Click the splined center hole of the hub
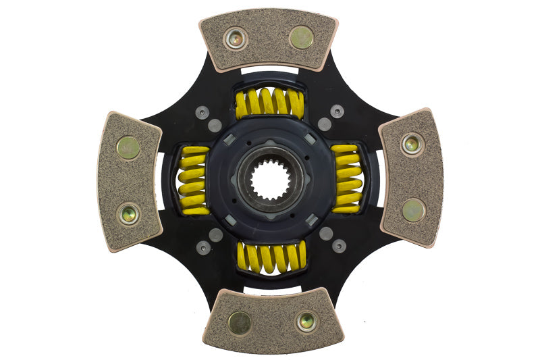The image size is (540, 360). (270, 180)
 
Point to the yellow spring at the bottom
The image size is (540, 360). (271, 257)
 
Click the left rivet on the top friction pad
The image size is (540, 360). (236, 38)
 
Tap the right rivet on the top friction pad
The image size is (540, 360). (301, 38)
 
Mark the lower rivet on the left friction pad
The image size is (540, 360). (129, 213)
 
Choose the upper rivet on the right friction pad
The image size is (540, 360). (412, 143)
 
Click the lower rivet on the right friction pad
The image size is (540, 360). (413, 210)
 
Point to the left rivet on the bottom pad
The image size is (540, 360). (239, 323)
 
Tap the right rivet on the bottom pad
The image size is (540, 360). (306, 322)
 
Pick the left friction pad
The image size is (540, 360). (128, 180)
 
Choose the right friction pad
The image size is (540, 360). (412, 177)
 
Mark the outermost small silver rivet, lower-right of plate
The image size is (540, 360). (339, 247)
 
